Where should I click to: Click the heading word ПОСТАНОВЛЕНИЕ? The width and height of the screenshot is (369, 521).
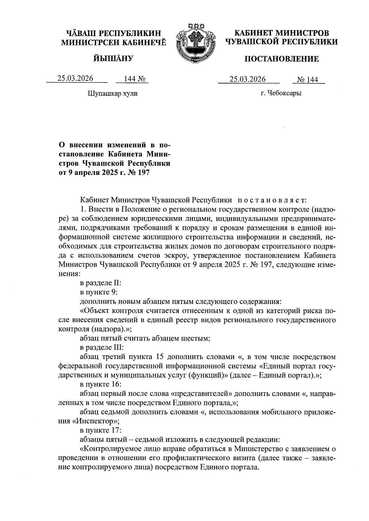pos(281,59)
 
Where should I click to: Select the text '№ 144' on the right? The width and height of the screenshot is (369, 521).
pos(307,80)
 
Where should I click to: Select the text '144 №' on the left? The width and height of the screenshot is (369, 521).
pos(132,79)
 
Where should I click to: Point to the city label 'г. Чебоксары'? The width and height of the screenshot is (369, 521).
pos(281,93)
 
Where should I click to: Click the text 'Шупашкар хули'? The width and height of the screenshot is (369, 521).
pos(113,93)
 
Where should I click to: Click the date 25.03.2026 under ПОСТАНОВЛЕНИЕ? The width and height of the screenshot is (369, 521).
pos(248,79)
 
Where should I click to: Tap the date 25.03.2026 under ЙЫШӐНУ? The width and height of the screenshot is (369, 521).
pos(76,78)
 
